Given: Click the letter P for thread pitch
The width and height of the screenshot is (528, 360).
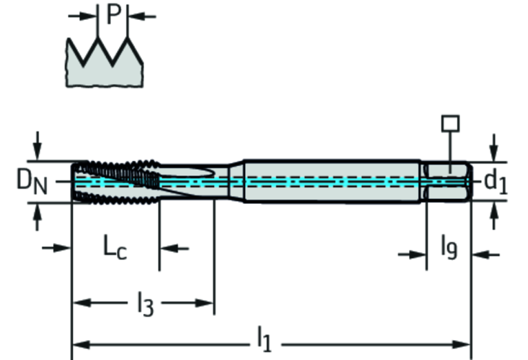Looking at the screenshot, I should point(114,14).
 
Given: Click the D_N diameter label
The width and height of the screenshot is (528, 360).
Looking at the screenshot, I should point(32,182).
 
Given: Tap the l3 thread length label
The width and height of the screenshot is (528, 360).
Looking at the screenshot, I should point(144,304).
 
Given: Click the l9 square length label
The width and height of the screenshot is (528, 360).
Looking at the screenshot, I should point(448,246).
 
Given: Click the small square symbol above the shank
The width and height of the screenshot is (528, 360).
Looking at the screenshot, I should point(450,123).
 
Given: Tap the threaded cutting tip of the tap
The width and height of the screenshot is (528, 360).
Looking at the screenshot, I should point(114,182).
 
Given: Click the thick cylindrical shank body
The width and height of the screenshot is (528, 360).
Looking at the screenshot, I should point(330,181).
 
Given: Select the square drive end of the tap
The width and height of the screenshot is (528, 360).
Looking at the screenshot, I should point(447,182).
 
